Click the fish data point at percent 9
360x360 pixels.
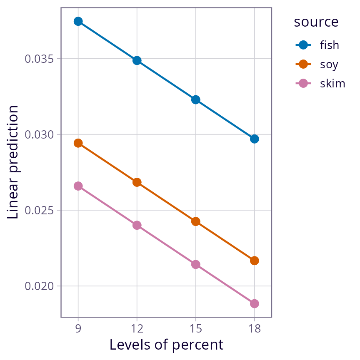pos(78,21)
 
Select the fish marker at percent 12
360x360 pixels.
pos(137,60)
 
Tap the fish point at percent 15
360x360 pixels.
pos(196,100)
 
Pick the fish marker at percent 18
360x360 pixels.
pos(255,139)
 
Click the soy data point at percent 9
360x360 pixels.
pos(78,143)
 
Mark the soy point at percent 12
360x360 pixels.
pos(137,182)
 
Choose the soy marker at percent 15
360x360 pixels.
pos(196,221)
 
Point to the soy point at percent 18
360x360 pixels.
pos(255,261)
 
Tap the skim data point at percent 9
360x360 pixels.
pos(78,186)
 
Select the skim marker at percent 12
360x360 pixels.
pos(137,225)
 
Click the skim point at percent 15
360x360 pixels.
pos(196,264)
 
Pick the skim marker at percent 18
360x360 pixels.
pos(255,304)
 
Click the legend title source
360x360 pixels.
pos(316,22)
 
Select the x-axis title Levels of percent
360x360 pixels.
pos(166,345)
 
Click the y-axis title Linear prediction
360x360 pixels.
pos(13,162)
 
